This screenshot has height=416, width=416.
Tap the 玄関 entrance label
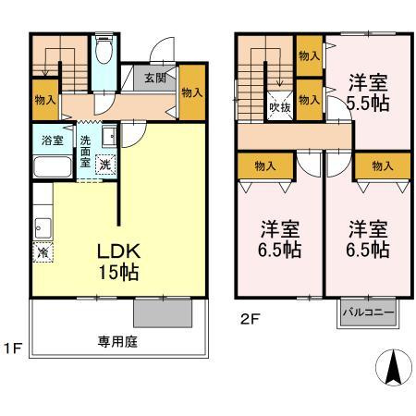click(x=154, y=79)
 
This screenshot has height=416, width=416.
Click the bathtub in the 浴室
click(x=52, y=167)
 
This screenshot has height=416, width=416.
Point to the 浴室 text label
click(x=52, y=141)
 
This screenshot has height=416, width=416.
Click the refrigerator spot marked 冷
click(x=43, y=251)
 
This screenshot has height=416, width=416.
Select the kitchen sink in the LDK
click(x=42, y=225)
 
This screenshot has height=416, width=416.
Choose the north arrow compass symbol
click(x=392, y=370)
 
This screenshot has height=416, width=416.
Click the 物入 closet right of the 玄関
click(x=192, y=92)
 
